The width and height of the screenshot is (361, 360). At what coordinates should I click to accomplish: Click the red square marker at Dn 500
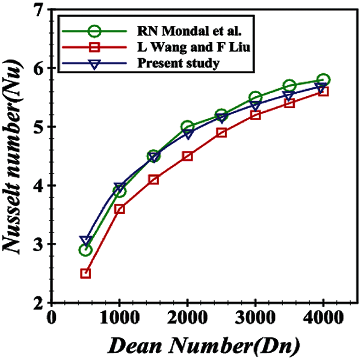(85, 273)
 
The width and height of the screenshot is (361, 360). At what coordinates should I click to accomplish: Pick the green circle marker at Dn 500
(85, 250)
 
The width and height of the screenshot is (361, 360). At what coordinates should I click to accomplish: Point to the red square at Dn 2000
(187, 156)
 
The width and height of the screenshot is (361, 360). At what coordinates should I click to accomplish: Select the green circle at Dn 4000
(323, 80)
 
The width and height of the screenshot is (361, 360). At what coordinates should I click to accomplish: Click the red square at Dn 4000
(323, 91)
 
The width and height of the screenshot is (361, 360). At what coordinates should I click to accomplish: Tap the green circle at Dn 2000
(187, 127)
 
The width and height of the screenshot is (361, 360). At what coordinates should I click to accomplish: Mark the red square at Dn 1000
(120, 209)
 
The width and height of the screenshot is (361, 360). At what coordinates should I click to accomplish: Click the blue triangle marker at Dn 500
(85, 241)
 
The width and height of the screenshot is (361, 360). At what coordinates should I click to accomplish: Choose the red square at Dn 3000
(255, 115)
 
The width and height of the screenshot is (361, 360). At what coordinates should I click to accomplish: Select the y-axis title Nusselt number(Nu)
(14, 157)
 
